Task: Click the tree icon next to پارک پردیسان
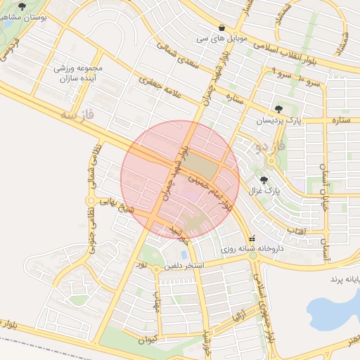280,108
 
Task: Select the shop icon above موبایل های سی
221,27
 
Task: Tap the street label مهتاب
156,302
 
